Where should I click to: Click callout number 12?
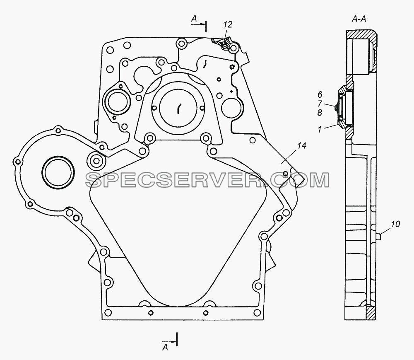pos(227,24)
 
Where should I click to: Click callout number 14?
pos(301,145)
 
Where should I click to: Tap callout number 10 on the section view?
pos(395,224)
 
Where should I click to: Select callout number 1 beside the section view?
pos(320,129)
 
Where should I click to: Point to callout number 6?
pos(320,94)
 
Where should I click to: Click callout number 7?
pos(320,103)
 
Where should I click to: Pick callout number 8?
pos(320,113)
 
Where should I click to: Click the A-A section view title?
pos(359,19)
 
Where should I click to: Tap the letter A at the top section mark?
pos(194,19)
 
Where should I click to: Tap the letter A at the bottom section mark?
pos(165,347)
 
